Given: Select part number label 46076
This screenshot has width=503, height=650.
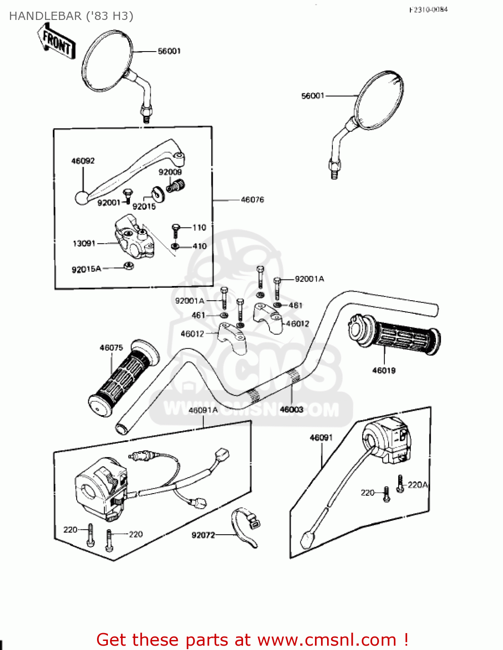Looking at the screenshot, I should [x=252, y=200].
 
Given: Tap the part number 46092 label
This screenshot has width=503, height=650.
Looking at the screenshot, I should [x=83, y=161].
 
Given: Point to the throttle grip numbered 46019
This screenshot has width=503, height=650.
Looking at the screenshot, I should [x=394, y=335].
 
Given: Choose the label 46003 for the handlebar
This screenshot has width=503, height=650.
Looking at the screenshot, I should [x=292, y=409].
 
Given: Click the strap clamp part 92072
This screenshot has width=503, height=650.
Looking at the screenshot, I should [x=245, y=526].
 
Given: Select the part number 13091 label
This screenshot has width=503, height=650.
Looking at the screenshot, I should [x=84, y=244].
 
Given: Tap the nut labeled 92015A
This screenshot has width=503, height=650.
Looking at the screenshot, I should [x=129, y=266].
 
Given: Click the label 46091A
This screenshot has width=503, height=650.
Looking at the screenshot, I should [x=203, y=410].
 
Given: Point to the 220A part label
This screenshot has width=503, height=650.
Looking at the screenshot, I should [x=418, y=485].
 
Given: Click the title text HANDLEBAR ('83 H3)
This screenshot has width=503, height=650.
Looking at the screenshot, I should [x=71, y=16].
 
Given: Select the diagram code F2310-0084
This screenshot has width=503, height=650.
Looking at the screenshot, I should [x=428, y=10].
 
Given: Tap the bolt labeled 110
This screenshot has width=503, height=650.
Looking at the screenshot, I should [x=175, y=229].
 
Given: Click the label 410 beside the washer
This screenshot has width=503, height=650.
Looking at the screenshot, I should [x=199, y=246].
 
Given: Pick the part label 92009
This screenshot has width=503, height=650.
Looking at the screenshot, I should [x=170, y=172].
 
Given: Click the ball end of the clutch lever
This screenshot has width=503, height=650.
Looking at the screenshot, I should [x=81, y=198].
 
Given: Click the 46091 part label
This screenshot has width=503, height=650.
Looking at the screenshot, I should [x=321, y=438].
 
